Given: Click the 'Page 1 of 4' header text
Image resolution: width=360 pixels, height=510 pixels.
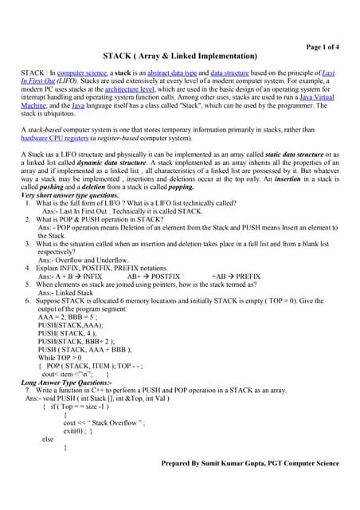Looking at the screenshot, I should coord(317,47).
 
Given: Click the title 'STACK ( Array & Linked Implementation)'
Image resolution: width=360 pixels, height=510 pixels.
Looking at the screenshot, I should coord(180,57).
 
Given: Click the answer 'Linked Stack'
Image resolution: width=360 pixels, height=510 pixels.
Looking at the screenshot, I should coord(66,293).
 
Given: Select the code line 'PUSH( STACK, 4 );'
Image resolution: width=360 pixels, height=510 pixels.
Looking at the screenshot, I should coord(67,333).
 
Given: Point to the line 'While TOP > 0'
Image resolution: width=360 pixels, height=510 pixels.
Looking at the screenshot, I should coord(61,358).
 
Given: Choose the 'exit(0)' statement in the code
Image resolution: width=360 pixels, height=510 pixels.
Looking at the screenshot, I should coord(74,430).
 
